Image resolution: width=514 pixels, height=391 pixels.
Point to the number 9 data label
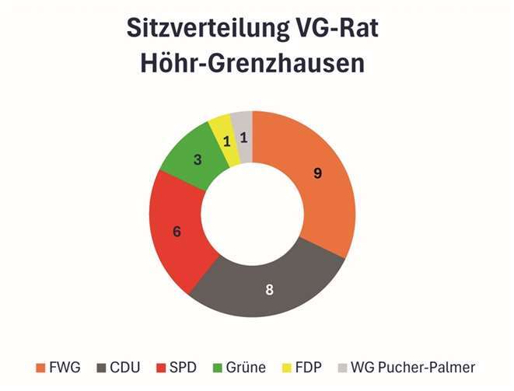316,173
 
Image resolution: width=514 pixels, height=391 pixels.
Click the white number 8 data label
269,291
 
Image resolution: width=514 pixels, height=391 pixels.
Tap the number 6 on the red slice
177,232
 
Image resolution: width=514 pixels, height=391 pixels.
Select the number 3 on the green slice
198,160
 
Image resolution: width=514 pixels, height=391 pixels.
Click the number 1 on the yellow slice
226,141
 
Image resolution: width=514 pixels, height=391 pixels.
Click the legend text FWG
66,367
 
